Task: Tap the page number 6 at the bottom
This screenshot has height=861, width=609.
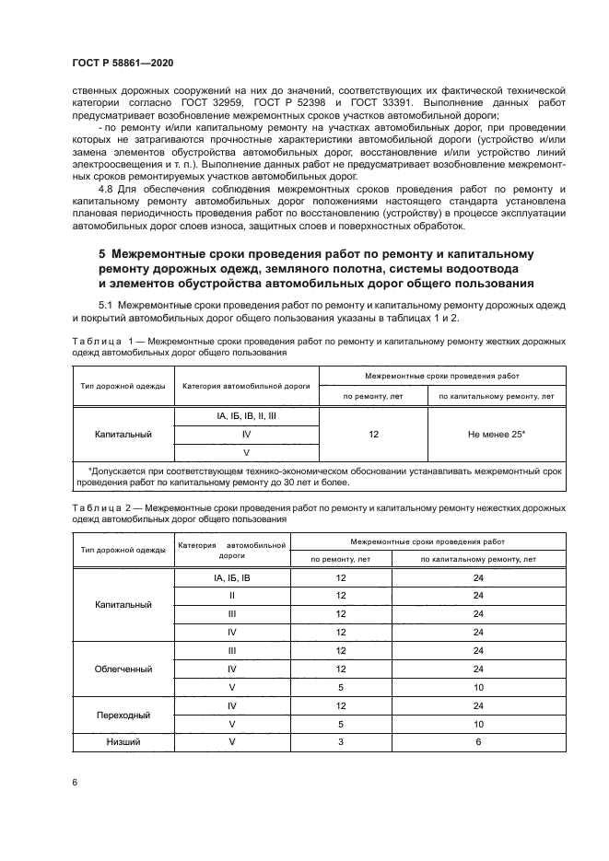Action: [x=75, y=782]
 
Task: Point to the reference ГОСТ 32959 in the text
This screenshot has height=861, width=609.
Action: [x=300, y=103]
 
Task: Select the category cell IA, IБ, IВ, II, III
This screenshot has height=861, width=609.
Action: [x=246, y=416]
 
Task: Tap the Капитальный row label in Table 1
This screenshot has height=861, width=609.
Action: [x=123, y=433]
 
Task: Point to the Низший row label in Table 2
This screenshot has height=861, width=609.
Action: [x=123, y=741]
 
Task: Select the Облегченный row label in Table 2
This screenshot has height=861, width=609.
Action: [x=123, y=669]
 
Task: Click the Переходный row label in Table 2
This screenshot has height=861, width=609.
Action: [x=123, y=715]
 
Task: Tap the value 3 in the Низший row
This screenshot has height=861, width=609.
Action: [x=341, y=741]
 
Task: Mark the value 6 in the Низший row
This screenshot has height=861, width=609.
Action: [x=478, y=741]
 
